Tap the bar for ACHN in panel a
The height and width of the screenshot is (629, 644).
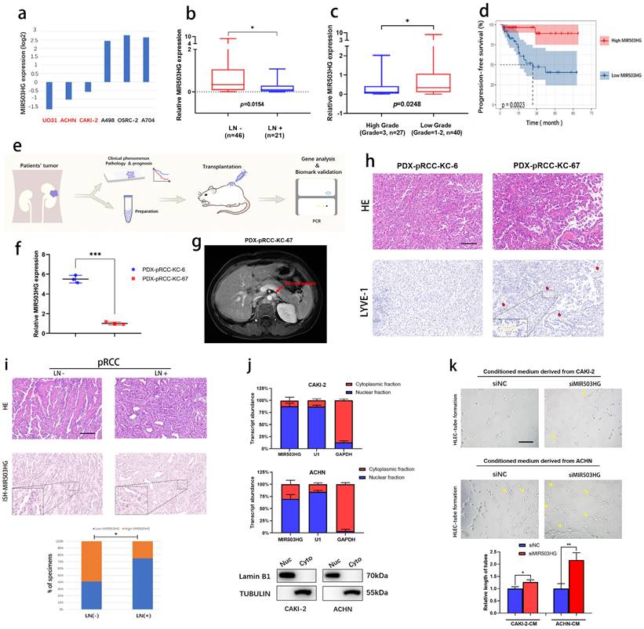[69, 91]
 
